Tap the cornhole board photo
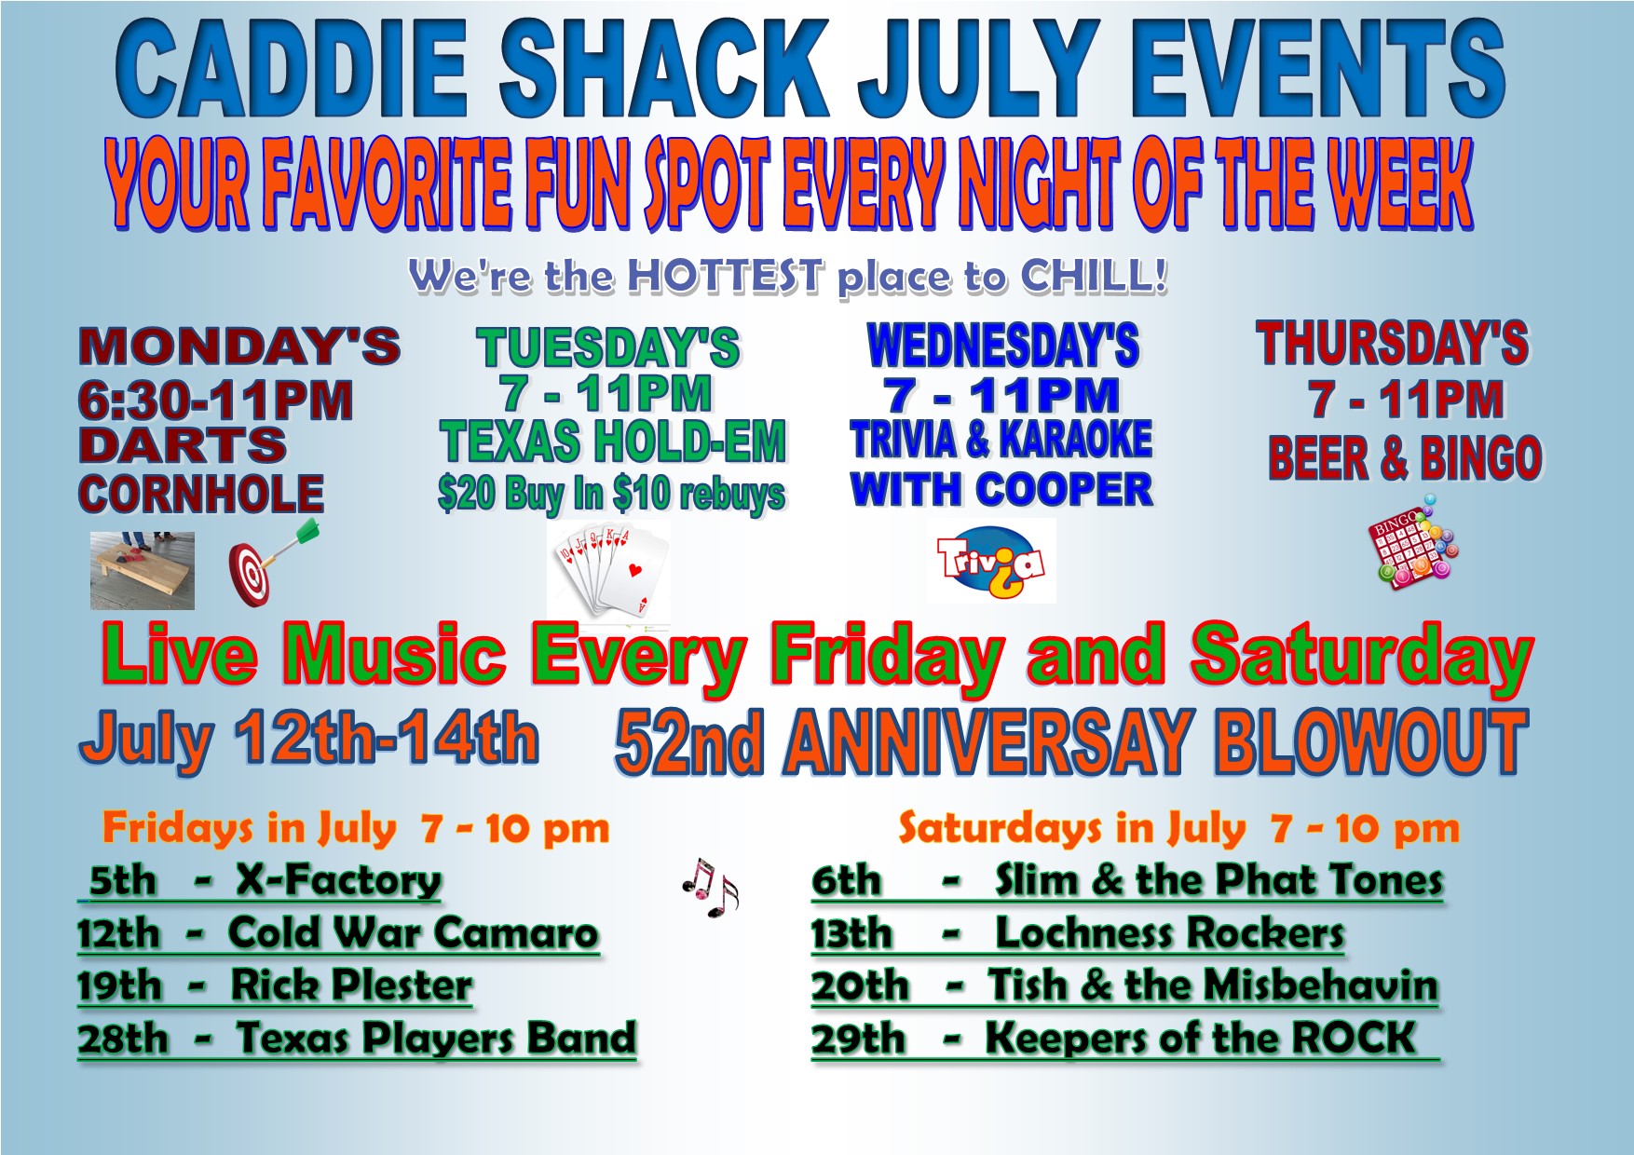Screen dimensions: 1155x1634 tap(143, 571)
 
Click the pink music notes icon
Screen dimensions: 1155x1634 tap(710, 887)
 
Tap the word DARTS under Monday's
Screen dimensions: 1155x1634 tap(183, 445)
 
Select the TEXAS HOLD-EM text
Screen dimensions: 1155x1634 tap(613, 442)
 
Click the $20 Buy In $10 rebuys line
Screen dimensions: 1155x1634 tap(611, 494)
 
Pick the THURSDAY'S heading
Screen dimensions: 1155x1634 tap(1392, 343)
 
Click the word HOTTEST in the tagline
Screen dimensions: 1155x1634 tap(726, 277)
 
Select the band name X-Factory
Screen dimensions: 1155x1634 tap(338, 880)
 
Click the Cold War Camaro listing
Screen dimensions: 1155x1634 tap(413, 932)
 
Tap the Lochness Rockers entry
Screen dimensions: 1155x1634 tap(1169, 933)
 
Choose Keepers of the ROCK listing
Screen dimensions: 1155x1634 tap(1200, 1038)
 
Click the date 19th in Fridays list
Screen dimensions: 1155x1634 tap(119, 985)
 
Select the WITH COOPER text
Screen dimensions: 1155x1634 tap(1001, 490)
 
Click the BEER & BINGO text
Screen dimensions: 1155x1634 tap(1405, 458)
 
